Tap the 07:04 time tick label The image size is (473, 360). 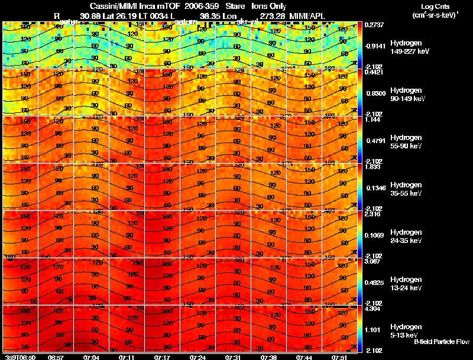point(92,357)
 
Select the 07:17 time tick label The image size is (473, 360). point(162,357)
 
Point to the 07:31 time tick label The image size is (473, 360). point(232,357)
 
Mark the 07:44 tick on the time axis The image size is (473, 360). point(304,357)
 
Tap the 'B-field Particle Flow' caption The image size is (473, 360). point(441,342)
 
